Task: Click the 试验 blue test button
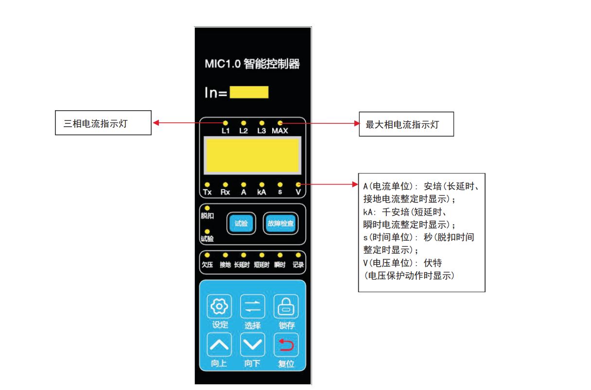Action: [x=241, y=223]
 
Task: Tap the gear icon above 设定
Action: [x=219, y=306]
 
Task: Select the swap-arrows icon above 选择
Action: [x=253, y=306]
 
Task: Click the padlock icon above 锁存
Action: [x=286, y=306]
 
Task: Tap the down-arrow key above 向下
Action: [x=253, y=344]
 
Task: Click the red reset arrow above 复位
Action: [x=286, y=344]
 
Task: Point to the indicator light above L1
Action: [x=226, y=123]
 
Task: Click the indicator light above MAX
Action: [x=280, y=123]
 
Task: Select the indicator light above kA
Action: [x=262, y=185]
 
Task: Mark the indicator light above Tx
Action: [x=207, y=185]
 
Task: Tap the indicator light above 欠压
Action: [x=207, y=255]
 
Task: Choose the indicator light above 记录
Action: [x=298, y=255]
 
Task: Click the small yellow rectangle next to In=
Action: [x=249, y=92]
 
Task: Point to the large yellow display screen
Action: [x=253, y=155]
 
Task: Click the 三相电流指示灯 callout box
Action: [x=103, y=123]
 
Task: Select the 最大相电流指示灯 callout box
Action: [x=406, y=124]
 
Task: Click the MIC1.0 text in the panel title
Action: [x=223, y=64]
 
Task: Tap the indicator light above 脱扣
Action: [x=207, y=208]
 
